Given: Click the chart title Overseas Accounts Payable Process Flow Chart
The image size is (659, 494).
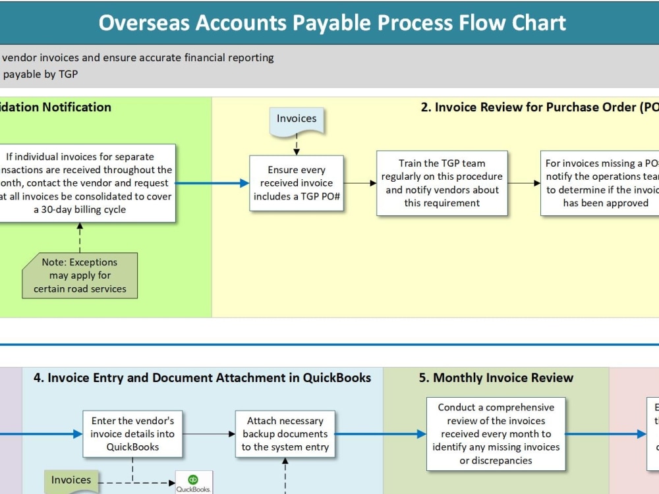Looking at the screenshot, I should point(332,22).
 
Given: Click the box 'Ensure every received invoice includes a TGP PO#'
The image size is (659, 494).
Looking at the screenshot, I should point(297,183).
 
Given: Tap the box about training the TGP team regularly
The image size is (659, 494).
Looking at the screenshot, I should point(442,183).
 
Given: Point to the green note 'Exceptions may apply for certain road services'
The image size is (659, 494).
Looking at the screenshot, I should point(80,275).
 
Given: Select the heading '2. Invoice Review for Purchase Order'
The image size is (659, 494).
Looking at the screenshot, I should point(539,107).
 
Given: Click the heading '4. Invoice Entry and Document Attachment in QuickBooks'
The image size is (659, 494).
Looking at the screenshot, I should point(202,378).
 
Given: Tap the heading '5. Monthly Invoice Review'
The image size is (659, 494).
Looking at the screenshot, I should point(496,378).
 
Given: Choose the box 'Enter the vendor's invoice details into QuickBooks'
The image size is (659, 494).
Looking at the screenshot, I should point(132,434).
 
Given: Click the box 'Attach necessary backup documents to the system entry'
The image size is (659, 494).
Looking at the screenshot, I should point(285,434).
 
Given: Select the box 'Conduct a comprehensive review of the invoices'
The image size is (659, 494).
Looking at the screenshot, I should point(496,434).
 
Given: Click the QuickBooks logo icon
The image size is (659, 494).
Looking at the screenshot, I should point(193,482).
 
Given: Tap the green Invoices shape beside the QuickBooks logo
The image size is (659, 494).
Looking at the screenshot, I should point(71,481).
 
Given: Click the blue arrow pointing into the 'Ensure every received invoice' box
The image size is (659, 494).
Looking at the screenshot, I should point(212,183).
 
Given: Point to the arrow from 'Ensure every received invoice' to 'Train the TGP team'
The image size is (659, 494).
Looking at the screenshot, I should point(360,183).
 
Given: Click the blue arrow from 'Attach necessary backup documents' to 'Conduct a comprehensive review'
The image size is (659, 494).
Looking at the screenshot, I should point(381,434).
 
